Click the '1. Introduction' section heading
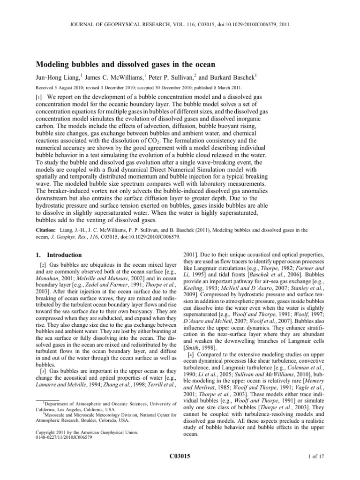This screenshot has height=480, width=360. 56,255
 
